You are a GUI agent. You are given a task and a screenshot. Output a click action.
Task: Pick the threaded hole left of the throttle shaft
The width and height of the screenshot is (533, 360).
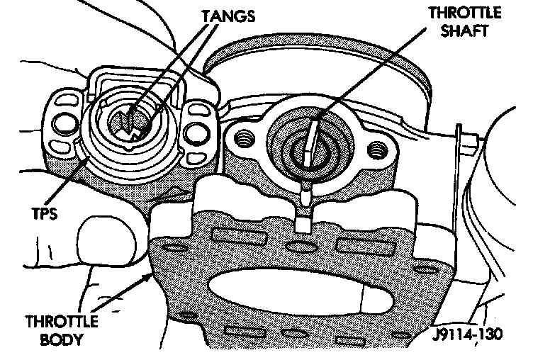[246, 135]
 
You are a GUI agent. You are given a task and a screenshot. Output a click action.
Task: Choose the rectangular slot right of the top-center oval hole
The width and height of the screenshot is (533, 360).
[357, 248]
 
